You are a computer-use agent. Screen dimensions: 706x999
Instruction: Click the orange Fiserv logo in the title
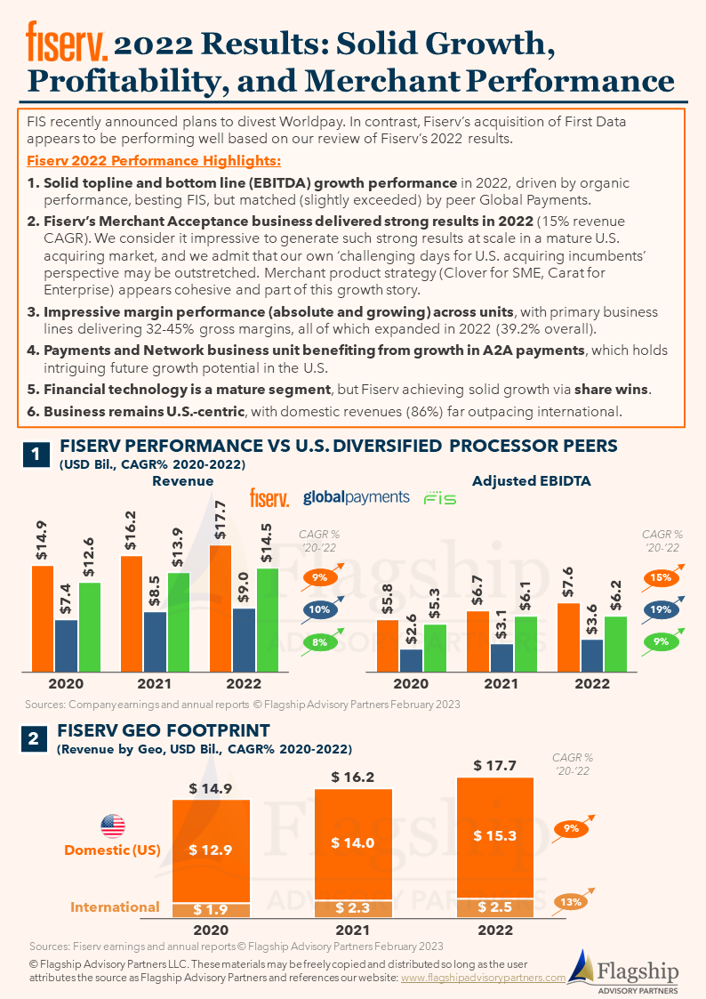[67, 41]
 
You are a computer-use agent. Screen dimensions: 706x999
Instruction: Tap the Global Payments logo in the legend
[356, 497]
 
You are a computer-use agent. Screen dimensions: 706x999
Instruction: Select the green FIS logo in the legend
[440, 497]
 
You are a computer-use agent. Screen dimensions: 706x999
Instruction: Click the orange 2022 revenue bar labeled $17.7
[221, 608]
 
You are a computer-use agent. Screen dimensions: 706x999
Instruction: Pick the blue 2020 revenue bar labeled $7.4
[66, 646]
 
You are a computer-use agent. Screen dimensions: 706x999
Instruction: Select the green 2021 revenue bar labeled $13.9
[179, 623]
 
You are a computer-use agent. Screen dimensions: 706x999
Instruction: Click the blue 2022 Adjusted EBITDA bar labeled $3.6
[592, 656]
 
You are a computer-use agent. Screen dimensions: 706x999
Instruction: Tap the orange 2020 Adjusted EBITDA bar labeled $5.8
[388, 646]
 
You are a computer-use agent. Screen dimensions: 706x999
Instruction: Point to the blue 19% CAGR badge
[661, 609]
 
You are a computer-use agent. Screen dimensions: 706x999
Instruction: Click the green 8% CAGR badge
[319, 642]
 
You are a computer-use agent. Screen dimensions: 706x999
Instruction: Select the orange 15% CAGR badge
[661, 577]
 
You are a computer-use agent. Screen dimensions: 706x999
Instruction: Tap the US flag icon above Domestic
[113, 826]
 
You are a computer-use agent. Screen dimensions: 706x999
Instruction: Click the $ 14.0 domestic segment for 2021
[353, 844]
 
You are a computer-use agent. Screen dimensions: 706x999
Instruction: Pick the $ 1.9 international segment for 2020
[211, 910]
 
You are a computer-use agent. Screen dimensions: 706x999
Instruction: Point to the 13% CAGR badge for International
[571, 901]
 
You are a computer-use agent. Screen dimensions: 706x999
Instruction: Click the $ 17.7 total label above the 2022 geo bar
[494, 765]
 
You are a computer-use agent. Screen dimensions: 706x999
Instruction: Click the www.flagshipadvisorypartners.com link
[483, 978]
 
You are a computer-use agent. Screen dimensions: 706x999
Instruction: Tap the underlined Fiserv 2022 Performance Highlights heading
[154, 160]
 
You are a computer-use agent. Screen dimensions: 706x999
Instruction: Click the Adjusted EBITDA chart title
[532, 481]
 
